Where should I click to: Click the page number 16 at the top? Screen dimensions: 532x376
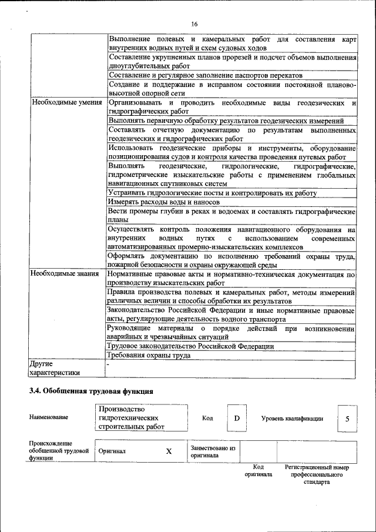click(194, 23)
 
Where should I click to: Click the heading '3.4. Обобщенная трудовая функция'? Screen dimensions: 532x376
click(91, 391)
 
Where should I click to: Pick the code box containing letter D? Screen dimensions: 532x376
click(237, 418)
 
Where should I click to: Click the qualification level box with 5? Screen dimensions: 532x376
click(347, 419)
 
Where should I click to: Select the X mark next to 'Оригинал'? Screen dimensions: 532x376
click(169, 451)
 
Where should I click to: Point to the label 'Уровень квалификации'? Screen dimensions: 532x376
click(292, 419)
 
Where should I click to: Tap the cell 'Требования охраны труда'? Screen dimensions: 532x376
click(149, 355)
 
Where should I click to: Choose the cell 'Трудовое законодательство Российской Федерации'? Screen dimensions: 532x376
click(190, 346)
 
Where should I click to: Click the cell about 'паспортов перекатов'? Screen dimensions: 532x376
click(205, 76)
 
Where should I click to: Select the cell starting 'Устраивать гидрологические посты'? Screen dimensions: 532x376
click(212, 193)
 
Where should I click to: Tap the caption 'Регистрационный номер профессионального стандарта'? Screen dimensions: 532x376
click(317, 474)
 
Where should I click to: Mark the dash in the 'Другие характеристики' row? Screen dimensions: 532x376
click(108, 364)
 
